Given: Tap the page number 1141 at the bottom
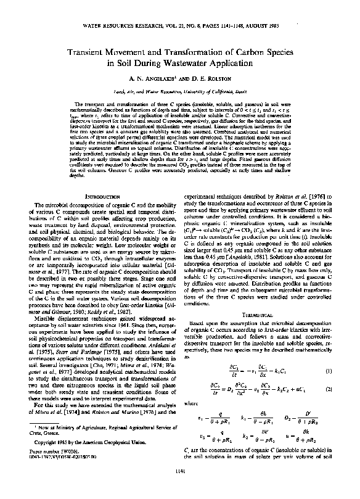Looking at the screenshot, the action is [179, 489].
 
